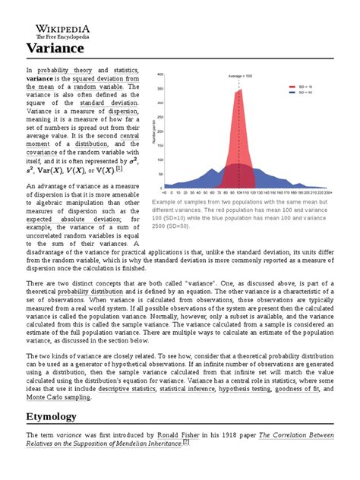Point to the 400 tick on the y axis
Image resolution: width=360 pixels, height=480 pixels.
coord(159,75)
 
